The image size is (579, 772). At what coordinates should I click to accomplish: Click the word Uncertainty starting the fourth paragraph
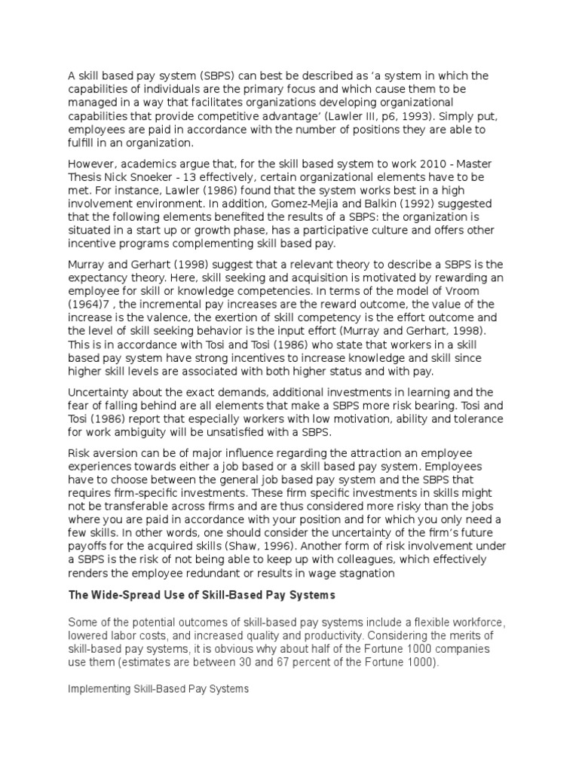(102, 392)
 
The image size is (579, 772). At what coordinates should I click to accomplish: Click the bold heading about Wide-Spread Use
(201, 596)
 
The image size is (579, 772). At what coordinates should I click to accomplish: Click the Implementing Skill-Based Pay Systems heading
(158, 689)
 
